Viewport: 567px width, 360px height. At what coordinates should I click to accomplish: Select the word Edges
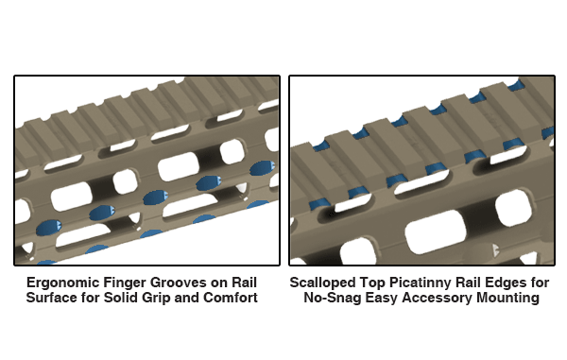pos(507,283)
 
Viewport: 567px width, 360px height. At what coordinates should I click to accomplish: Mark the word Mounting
pos(511,298)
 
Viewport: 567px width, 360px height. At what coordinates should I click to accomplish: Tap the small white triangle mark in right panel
pos(491,249)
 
